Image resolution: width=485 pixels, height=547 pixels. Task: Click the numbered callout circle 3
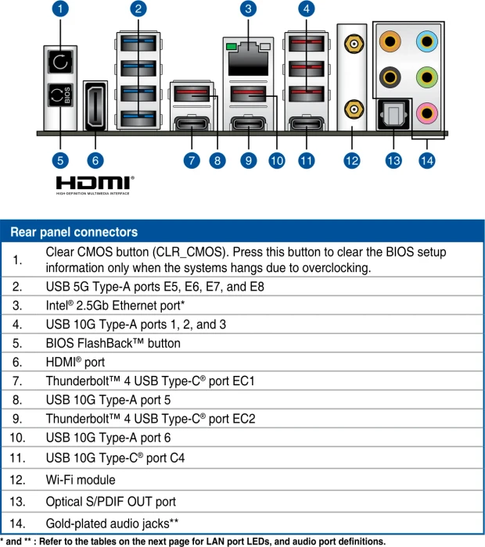(248, 9)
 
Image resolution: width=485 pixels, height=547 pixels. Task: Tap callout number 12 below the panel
(351, 160)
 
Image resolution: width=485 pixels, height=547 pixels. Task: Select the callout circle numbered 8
(217, 160)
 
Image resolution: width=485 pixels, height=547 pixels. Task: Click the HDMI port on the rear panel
(95, 106)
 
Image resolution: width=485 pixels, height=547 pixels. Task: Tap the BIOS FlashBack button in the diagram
(60, 95)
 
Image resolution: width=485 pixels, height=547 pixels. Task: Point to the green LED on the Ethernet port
(231, 46)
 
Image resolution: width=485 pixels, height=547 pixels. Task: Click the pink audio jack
(426, 113)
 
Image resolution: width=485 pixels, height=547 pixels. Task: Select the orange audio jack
(390, 41)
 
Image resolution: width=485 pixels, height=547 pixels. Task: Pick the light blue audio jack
(426, 41)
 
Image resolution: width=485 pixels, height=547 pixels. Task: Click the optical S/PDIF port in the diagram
(393, 114)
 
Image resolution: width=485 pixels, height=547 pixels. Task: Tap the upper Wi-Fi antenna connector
(354, 44)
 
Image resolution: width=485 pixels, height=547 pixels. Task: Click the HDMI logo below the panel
(95, 185)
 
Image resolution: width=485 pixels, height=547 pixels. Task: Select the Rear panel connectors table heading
(74, 232)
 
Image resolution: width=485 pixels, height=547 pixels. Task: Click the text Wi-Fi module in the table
(81, 480)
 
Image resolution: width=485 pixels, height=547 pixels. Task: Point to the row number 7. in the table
(17, 381)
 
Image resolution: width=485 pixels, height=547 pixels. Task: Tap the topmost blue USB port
(138, 43)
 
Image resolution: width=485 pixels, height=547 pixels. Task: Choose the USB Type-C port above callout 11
(306, 123)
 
